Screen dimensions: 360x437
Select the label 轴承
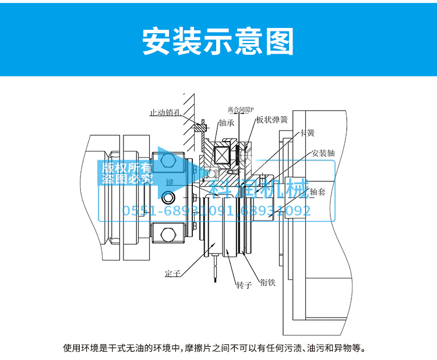(x=227, y=123)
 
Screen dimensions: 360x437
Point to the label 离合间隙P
(x=241, y=109)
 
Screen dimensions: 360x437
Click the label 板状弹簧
(x=272, y=120)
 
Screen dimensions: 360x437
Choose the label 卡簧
(x=306, y=133)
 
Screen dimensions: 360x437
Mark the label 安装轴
(x=323, y=153)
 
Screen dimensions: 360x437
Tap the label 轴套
(x=321, y=191)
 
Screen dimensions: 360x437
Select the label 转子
(x=244, y=285)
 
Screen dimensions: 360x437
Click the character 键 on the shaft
(x=170, y=182)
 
